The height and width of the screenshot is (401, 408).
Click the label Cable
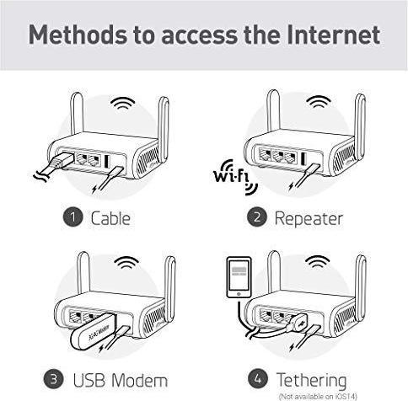click(x=110, y=219)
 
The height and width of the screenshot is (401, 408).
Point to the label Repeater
click(x=309, y=219)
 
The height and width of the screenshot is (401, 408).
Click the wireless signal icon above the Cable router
click(x=124, y=104)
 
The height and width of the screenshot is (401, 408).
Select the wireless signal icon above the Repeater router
click(x=319, y=104)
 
